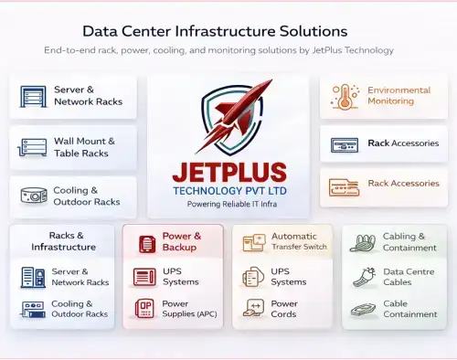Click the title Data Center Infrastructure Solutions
(215, 31)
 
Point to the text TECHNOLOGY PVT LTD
(229, 190)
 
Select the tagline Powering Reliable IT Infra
(229, 205)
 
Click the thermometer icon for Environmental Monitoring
(344, 97)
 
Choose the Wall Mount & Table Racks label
(84, 147)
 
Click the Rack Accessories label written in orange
(402, 183)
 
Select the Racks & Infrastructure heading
(63, 241)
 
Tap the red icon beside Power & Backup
(145, 243)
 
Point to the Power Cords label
(284, 309)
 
